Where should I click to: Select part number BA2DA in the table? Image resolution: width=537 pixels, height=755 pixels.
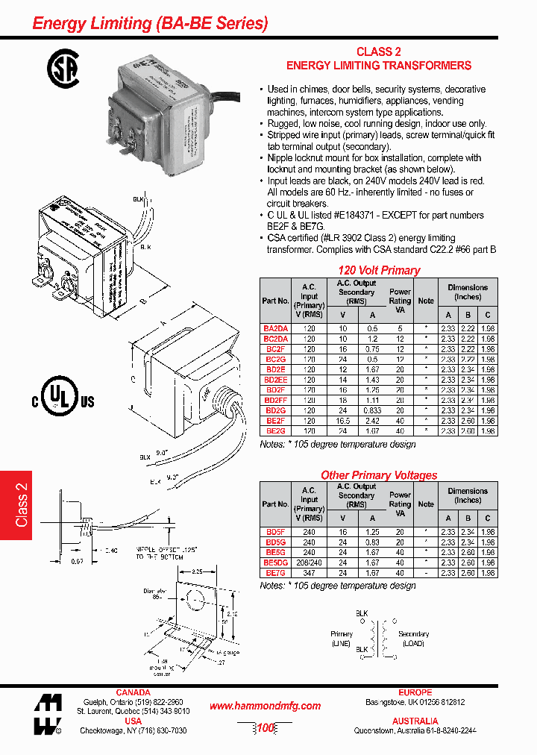[275, 328]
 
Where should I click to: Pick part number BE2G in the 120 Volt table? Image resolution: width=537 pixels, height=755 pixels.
[275, 431]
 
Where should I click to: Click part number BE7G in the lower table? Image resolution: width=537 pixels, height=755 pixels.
[275, 573]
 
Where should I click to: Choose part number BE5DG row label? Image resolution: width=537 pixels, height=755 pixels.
[275, 563]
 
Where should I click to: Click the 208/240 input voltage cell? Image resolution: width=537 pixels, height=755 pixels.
[309, 563]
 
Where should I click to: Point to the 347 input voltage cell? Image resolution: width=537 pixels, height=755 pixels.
[309, 573]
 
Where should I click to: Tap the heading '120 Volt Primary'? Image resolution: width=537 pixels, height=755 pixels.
[379, 270]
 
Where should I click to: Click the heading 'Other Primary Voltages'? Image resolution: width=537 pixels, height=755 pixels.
[379, 474]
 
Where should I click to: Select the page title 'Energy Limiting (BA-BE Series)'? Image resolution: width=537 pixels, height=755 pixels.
[150, 23]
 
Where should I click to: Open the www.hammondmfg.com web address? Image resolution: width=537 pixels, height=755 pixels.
[265, 706]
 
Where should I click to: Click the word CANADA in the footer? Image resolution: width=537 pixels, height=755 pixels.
[133, 692]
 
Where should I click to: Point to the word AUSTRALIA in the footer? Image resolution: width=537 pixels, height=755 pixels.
[415, 721]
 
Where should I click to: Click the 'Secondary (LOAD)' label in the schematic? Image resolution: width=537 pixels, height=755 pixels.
[413, 639]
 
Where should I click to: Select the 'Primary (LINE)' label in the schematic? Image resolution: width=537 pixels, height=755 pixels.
[342, 639]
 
